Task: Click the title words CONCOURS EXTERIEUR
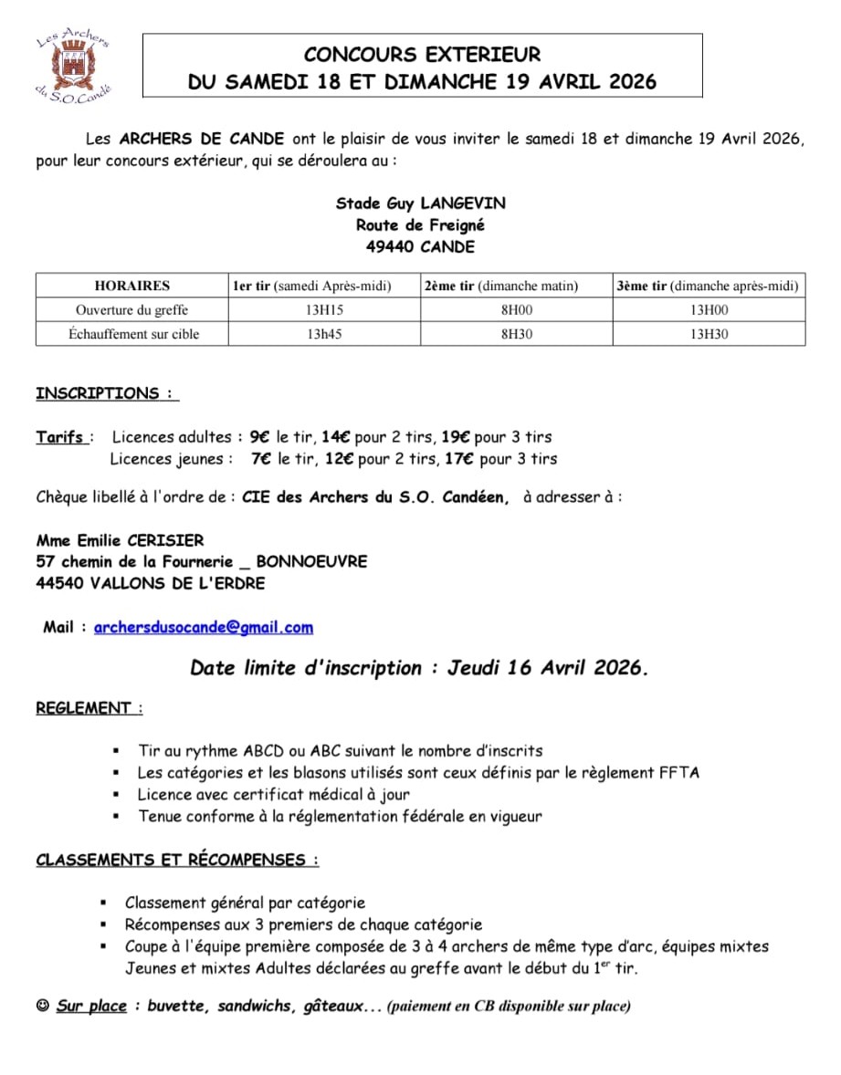click(422, 55)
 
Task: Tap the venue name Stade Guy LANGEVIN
click(420, 203)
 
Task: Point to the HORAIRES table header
click(131, 286)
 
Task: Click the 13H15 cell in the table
click(324, 310)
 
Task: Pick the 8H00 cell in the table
click(516, 310)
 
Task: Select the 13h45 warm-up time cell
click(324, 334)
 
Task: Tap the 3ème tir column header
click(708, 286)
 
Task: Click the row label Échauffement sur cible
click(133, 334)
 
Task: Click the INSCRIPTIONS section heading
click(105, 394)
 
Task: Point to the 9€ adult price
click(259, 437)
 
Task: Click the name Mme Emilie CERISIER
click(120, 540)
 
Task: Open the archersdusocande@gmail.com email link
click(203, 628)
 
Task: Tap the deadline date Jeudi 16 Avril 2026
click(547, 668)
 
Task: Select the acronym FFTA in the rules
click(678, 773)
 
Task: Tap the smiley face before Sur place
click(42, 1007)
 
